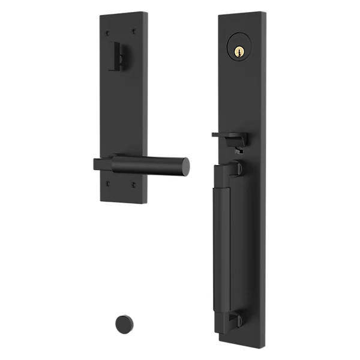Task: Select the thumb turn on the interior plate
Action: [121, 58]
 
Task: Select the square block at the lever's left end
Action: [101, 164]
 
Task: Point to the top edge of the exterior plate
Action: [240, 13]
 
